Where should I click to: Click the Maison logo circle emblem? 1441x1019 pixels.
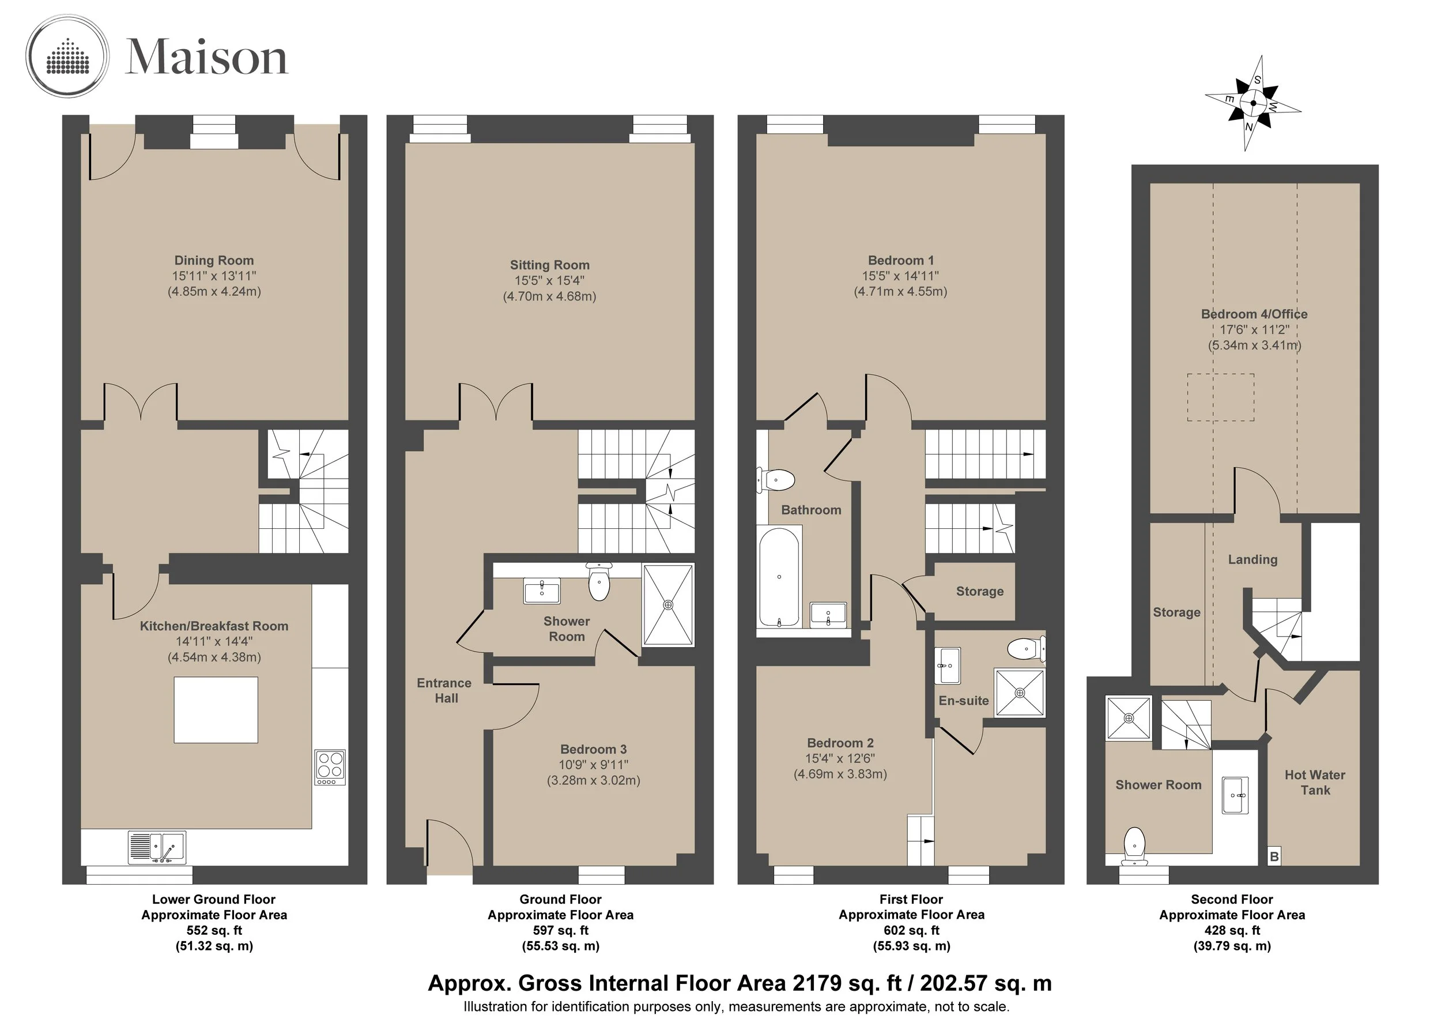coord(67,57)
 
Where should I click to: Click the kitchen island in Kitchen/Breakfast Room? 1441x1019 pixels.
coord(216,709)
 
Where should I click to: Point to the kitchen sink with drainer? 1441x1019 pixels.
coord(157,848)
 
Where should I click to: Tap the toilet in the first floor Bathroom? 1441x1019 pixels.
coord(776,481)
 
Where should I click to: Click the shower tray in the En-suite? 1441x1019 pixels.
coord(1020,693)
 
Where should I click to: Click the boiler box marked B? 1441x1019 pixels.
coord(1274,856)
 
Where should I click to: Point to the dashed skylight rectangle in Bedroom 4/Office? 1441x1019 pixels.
coord(1221,397)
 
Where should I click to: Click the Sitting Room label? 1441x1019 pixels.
coord(550,265)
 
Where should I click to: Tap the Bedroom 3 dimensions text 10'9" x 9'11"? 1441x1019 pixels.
coord(594,765)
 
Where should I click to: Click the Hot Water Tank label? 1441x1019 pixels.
coord(1315,783)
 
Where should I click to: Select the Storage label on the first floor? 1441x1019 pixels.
coord(980,592)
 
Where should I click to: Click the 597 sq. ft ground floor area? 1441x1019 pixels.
coord(560,930)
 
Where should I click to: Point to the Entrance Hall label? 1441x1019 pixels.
coord(444,690)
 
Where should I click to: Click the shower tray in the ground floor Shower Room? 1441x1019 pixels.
coord(668,604)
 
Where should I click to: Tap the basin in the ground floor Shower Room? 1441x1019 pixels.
coord(542,591)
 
